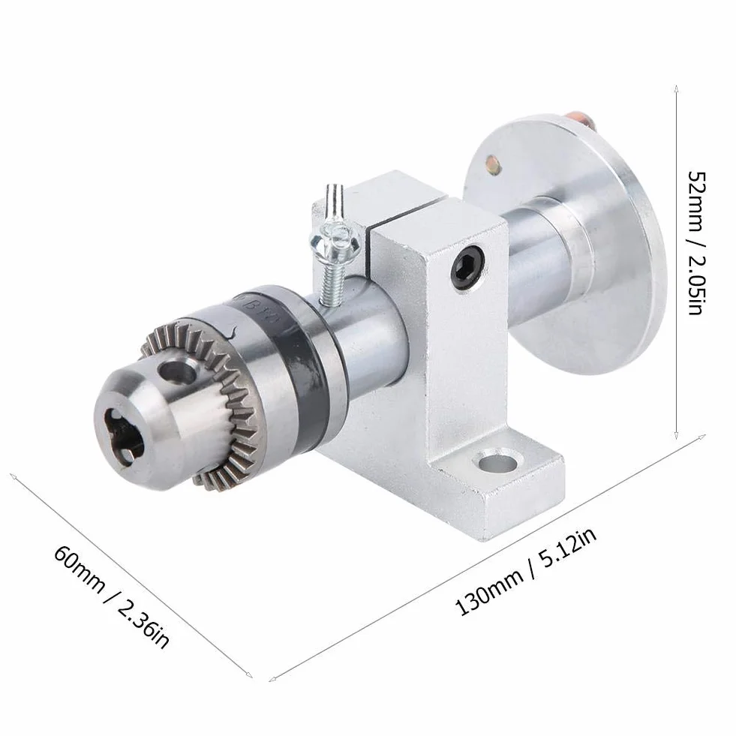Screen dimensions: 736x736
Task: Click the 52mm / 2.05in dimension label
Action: pyautogui.click(x=695, y=242)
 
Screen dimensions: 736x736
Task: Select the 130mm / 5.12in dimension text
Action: pyautogui.click(x=526, y=572)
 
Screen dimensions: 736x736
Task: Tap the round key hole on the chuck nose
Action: pyautogui.click(x=178, y=370)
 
